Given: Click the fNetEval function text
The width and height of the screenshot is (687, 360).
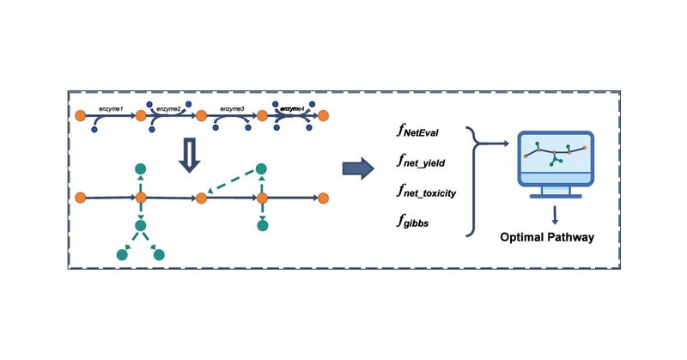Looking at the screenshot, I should pyautogui.click(x=418, y=132).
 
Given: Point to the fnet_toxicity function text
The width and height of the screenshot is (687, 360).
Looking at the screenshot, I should pyautogui.click(x=427, y=192).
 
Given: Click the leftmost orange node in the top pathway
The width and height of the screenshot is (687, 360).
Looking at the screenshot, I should pyautogui.click(x=82, y=115).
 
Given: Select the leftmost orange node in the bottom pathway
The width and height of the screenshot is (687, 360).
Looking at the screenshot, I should pyautogui.click(x=81, y=198).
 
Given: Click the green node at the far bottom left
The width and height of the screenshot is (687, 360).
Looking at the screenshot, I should pyautogui.click(x=123, y=254).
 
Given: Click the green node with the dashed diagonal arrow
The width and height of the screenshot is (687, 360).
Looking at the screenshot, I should pyautogui.click(x=261, y=168).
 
